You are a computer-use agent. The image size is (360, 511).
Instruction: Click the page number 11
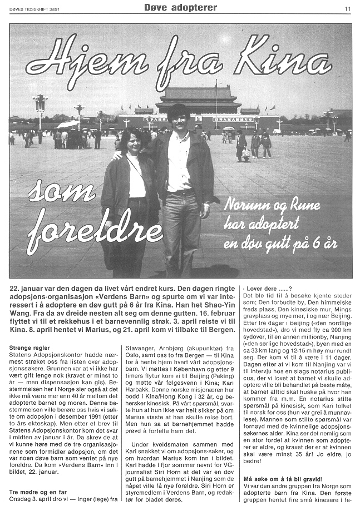click(347, 8)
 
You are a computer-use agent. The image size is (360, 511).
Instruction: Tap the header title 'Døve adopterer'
click(180, 7)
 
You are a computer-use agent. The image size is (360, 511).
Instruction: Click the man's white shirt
click(180, 161)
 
